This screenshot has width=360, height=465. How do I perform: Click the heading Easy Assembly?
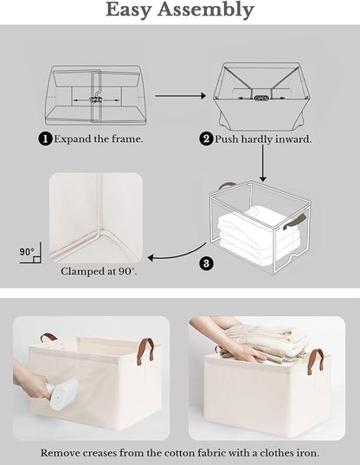tap(180, 10)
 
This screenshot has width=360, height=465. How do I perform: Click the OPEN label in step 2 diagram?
tap(262, 98)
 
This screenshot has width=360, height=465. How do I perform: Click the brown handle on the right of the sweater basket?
tap(316, 358)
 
